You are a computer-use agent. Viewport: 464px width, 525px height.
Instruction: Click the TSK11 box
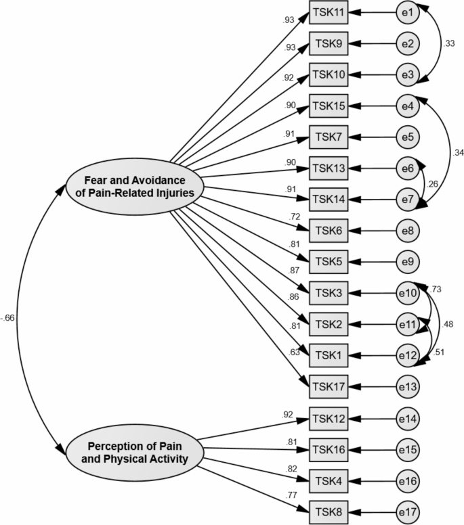(329, 12)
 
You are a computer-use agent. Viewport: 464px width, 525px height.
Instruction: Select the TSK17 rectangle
(329, 386)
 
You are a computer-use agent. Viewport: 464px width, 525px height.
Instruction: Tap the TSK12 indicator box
(329, 419)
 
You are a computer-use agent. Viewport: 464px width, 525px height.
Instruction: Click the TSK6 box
(329, 231)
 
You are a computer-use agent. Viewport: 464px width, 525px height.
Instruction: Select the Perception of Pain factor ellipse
(135, 453)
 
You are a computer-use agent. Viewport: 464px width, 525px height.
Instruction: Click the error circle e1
(408, 12)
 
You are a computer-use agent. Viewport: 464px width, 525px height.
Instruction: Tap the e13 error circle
(408, 386)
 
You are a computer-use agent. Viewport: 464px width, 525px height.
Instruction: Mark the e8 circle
(408, 231)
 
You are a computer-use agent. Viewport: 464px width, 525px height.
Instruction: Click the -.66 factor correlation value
(8, 317)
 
